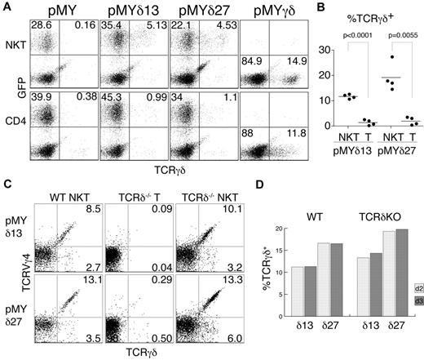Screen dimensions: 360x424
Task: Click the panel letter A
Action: click(6, 7)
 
